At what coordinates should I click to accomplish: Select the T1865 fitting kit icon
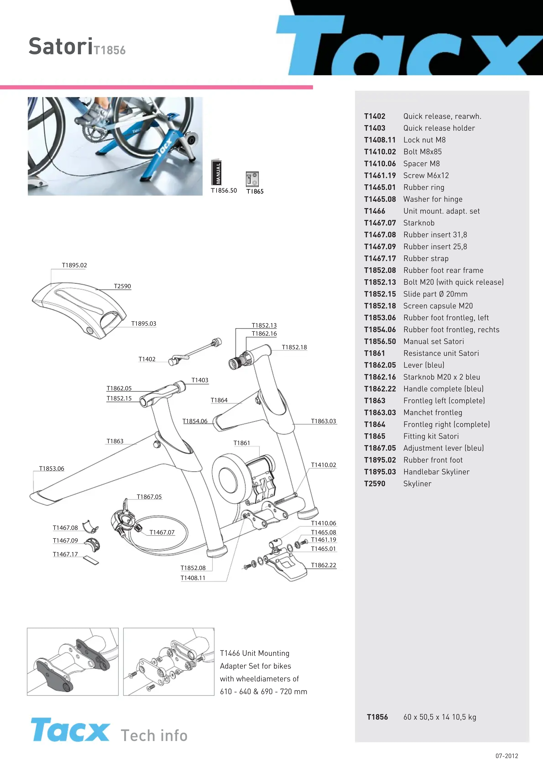(x=252, y=179)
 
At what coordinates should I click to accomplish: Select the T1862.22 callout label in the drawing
(x=323, y=565)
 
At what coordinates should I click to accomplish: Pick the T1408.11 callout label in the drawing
(x=193, y=578)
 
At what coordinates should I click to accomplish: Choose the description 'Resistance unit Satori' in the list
(x=441, y=353)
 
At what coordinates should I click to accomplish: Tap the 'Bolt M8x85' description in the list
(x=423, y=152)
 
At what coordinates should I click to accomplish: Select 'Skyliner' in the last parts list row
(x=417, y=484)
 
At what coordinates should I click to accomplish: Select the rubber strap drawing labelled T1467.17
(x=91, y=560)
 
